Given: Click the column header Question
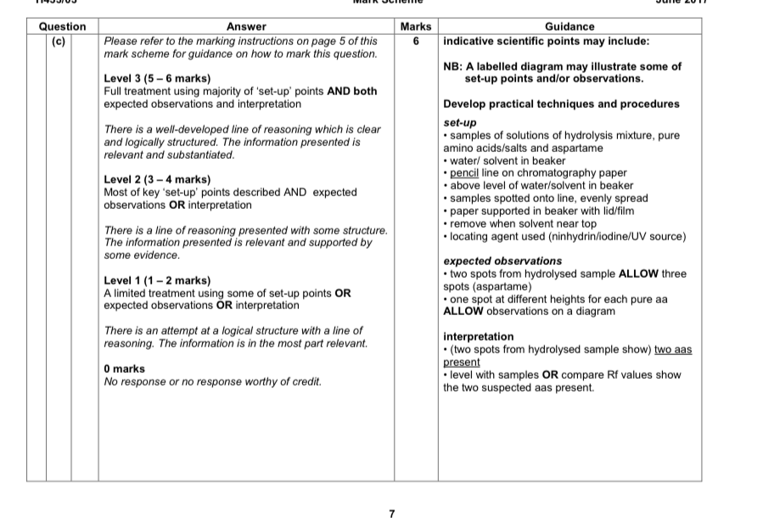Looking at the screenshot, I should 62,27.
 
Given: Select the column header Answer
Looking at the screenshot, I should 246,27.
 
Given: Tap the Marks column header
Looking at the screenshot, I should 415,27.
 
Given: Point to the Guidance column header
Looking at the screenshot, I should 569,27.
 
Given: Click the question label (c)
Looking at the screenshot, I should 59,40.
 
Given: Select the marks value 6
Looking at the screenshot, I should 415,40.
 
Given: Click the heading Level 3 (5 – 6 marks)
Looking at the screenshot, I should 157,79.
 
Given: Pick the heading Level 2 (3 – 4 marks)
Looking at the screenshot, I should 157,180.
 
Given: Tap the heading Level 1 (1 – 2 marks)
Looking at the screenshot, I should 157,281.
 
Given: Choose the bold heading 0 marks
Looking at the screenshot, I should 124,369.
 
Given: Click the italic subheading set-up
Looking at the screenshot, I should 460,123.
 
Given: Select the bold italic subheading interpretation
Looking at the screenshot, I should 479,337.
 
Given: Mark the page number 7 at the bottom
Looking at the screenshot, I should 391,513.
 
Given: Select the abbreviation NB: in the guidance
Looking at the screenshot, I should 454,66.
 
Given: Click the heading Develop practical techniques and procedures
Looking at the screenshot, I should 561,104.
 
